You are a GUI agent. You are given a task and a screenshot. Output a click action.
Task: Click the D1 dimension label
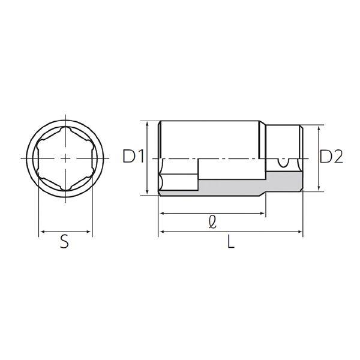coord(133,156)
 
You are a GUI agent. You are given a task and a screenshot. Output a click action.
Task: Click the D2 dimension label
coord(331,157)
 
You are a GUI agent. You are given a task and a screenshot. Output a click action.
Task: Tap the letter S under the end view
coord(65,242)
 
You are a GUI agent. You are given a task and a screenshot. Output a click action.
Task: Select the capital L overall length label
coord(231,242)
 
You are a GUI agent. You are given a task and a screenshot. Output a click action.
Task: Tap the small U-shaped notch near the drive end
coord(283,163)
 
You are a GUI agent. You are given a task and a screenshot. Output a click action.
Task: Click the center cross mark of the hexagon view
coord(65,158)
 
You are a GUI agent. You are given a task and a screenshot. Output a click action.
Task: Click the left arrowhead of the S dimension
coord(41,232)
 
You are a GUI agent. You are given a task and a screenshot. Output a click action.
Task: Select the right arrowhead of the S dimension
coord(89,232)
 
